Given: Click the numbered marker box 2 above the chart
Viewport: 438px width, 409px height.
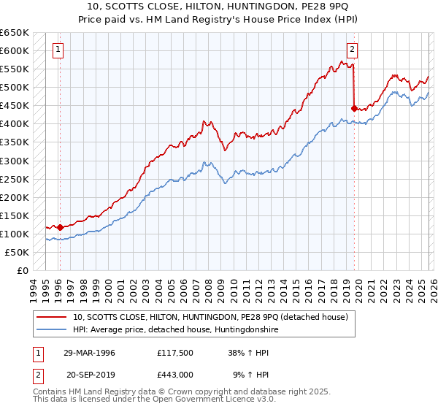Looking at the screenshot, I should pyautogui.click(x=352, y=50).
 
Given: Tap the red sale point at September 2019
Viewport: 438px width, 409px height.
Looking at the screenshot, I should pyautogui.click(x=354, y=108).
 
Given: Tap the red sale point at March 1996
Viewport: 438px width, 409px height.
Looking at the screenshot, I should pyautogui.click(x=60, y=227).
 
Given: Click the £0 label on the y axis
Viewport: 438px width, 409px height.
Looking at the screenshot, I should pyautogui.click(x=22, y=270).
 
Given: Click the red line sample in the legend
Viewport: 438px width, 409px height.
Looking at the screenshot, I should pyautogui.click(x=53, y=317).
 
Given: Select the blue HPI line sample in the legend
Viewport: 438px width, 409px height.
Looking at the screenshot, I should pyautogui.click(x=53, y=329).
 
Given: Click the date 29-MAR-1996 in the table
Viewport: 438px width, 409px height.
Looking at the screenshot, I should pyautogui.click(x=91, y=353).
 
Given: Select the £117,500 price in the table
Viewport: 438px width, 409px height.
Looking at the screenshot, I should pyautogui.click(x=173, y=353).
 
